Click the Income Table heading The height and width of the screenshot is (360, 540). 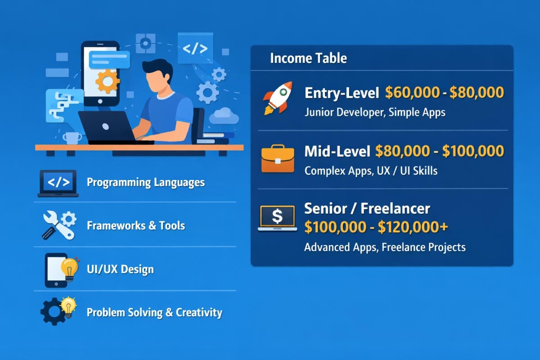tap(308, 58)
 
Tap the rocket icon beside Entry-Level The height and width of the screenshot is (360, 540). tap(278, 98)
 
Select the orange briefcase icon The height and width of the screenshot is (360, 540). tap(278, 159)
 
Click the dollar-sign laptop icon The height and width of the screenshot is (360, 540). tap(277, 218)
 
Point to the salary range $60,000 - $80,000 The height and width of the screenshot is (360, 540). tap(445, 93)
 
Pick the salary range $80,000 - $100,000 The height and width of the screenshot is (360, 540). tap(439, 151)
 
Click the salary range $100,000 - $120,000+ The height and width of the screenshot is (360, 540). tap(376, 227)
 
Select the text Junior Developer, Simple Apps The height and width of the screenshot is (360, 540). tap(375, 112)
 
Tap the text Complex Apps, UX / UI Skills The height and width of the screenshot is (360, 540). tap(371, 171)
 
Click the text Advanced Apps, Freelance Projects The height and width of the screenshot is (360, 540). tap(385, 247)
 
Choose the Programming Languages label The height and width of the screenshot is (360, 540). tap(145, 182)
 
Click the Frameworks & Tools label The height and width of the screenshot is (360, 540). tap(136, 225)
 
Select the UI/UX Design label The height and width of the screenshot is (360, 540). tap(120, 269)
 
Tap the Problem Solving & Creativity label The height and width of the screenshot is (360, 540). tap(154, 312)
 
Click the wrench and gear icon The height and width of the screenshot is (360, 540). tap(59, 225)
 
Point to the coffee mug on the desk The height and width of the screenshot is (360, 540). tap(72, 138)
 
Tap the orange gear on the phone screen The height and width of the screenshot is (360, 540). tap(108, 81)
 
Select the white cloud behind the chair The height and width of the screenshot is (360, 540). tap(224, 116)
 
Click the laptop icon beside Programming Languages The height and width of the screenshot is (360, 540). tap(58, 183)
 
